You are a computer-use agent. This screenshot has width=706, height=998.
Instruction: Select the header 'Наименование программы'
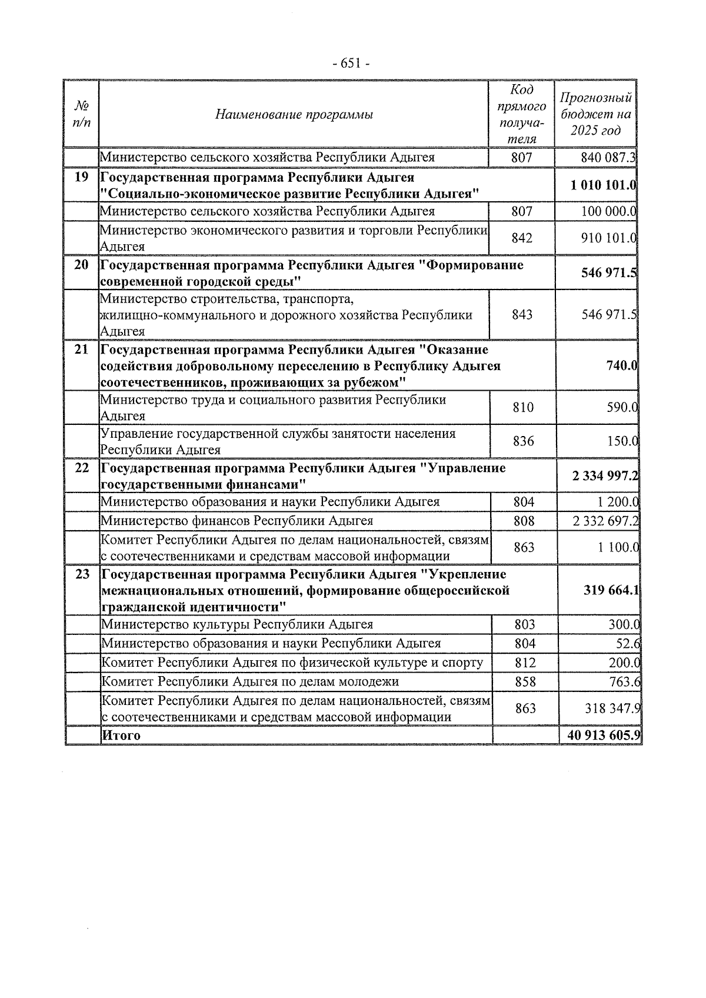click(294, 114)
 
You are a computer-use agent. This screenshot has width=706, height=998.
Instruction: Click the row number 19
click(82, 178)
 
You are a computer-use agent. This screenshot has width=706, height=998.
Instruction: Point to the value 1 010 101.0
click(603, 186)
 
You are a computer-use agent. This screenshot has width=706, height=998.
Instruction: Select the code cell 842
click(521, 238)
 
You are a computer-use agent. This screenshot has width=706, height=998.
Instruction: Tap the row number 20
click(82, 265)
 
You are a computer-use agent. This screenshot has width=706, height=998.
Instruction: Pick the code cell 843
click(522, 315)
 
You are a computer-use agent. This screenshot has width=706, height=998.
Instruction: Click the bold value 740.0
click(622, 365)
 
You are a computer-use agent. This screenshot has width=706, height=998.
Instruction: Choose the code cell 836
click(523, 441)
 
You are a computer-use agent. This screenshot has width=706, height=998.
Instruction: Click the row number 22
click(82, 468)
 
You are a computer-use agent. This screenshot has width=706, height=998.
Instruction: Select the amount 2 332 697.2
click(605, 521)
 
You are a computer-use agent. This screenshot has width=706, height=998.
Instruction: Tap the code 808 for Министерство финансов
click(524, 521)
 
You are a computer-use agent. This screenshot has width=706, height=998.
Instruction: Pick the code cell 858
click(525, 682)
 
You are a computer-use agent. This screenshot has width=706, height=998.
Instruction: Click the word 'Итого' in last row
click(121, 736)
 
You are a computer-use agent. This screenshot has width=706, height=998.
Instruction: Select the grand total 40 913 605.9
click(604, 736)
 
